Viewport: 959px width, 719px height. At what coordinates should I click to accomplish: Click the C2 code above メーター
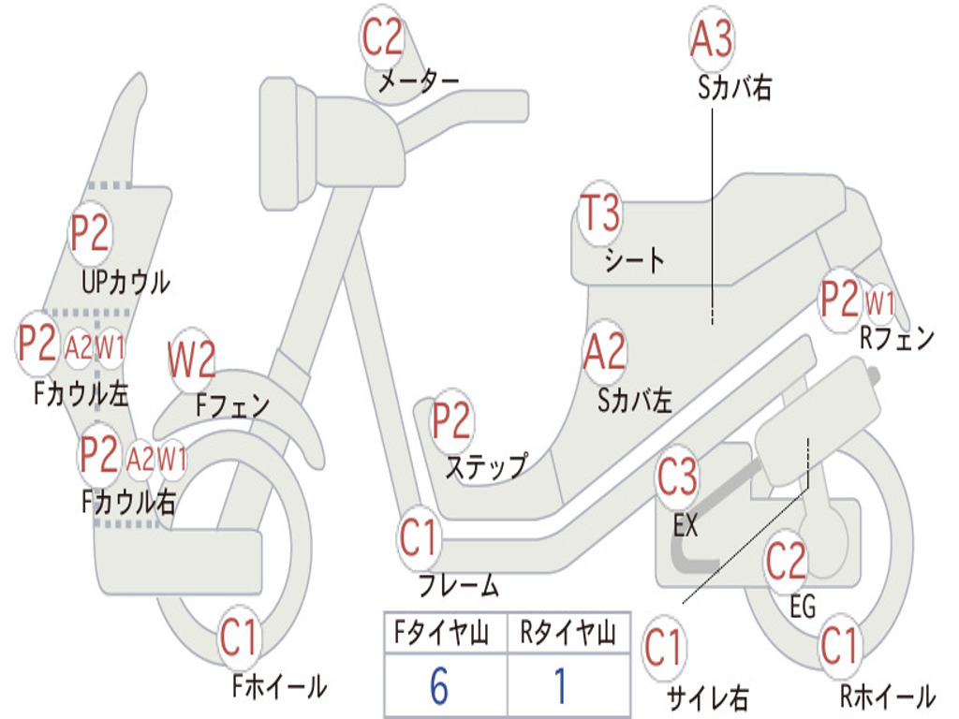point(383,38)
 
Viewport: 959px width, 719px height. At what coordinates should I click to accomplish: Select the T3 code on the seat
point(599,214)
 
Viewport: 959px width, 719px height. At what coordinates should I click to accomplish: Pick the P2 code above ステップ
point(451,421)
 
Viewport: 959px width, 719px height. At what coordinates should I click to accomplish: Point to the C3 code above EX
point(678,477)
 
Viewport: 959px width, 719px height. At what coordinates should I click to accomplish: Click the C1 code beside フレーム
point(420,538)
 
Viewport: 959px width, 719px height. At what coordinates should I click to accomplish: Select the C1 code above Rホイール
point(839,646)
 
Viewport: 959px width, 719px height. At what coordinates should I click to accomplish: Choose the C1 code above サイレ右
point(664,649)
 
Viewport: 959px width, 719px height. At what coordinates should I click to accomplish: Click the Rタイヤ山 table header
point(568,634)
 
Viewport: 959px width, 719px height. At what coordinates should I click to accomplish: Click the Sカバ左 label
point(635,402)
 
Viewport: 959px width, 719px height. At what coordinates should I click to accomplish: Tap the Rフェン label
point(897,339)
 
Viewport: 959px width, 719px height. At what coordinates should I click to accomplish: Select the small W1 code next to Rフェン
point(879,303)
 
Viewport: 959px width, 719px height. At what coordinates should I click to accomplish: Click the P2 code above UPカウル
point(90,234)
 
